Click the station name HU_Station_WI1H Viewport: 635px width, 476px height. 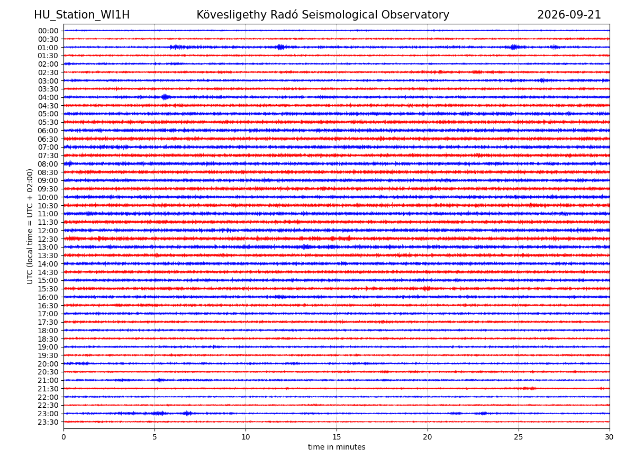point(82,15)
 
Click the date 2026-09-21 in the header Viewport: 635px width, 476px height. point(569,15)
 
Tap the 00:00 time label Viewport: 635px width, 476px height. point(48,31)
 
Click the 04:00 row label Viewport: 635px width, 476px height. point(48,97)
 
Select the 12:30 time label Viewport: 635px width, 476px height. point(48,239)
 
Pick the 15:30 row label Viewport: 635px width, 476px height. point(48,289)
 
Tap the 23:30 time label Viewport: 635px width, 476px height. point(48,422)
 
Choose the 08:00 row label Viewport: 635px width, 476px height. point(48,164)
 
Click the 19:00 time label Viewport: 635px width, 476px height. point(48,347)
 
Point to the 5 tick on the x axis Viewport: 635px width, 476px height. point(155,437)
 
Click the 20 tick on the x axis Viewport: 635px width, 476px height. point(427,437)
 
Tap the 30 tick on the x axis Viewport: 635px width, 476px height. point(609,437)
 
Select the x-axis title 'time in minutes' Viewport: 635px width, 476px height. point(337,447)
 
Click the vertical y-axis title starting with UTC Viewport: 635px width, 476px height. point(30,226)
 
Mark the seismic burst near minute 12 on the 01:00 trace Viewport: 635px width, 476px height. point(280,47)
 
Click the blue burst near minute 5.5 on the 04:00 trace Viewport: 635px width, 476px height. point(165,97)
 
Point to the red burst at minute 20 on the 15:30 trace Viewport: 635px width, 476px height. point(426,288)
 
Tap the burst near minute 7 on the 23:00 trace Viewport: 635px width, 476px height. point(187,413)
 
